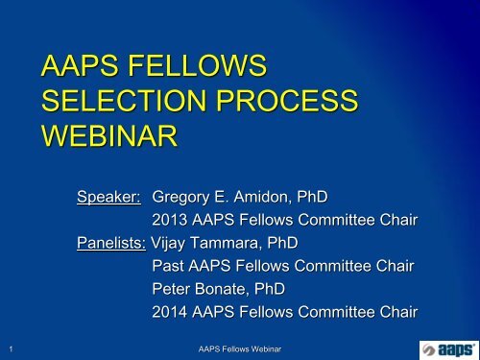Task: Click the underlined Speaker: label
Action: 109,197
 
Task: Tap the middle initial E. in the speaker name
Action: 229,197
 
